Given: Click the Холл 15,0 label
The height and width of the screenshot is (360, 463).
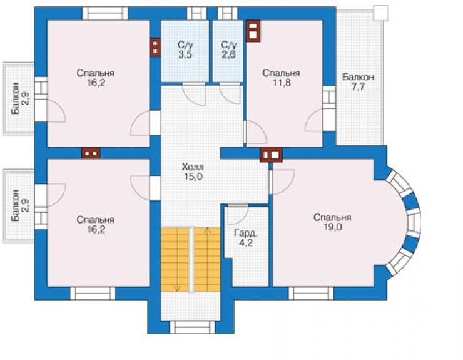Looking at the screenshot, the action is [193, 172].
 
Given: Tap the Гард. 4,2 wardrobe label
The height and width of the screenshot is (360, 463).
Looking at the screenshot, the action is [246, 238].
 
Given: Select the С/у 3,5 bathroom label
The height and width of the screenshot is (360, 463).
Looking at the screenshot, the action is [185, 49].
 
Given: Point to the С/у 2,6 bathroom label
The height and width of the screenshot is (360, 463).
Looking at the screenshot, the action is [229, 49].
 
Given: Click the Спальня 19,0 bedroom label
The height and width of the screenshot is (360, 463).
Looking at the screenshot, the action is [332, 222].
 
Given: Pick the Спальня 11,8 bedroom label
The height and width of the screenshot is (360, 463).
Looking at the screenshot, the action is [282, 78].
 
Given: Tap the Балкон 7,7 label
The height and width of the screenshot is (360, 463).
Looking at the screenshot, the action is [358, 82].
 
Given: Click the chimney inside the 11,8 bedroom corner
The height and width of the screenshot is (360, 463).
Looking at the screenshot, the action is [253, 31].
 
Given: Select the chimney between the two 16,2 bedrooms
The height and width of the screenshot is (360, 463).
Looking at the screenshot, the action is [91, 153].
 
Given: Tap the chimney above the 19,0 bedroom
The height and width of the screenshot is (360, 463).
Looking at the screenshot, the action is [272, 155].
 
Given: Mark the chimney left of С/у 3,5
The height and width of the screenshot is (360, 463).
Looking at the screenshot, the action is [155, 48].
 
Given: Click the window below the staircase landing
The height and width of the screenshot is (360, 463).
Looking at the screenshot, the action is [192, 327].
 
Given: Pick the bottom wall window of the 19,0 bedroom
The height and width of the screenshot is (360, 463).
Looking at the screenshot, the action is [311, 293].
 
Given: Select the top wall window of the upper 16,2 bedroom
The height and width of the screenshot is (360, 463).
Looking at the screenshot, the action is [105, 13].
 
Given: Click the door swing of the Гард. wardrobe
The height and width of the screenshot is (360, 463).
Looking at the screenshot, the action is [237, 214].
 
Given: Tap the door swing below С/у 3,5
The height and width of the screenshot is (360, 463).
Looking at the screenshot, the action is [194, 95].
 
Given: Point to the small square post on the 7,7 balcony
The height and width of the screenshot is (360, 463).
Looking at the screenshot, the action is [380, 13].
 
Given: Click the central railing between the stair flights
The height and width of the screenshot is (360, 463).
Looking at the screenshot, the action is [192, 260].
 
